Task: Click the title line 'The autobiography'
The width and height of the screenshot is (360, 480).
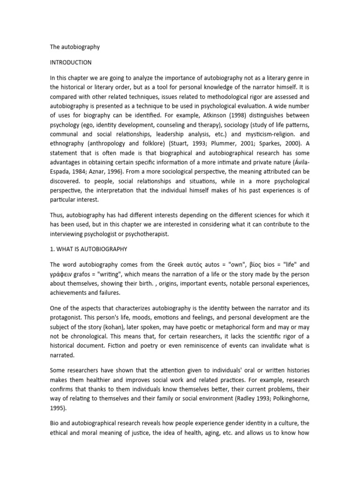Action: click(x=75, y=47)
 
